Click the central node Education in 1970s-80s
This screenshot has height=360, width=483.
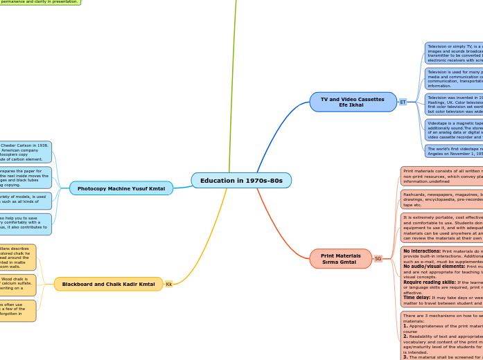pyautogui.click(x=241, y=181)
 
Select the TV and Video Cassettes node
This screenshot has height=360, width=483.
pyautogui.click(x=353, y=102)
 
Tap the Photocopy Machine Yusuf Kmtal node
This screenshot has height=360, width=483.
pyautogui.click(x=121, y=188)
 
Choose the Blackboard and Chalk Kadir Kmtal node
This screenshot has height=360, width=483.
pyautogui.click(x=108, y=284)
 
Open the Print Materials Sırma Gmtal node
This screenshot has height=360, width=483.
pyautogui.click(x=341, y=258)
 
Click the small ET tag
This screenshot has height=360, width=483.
pyautogui.click(x=403, y=102)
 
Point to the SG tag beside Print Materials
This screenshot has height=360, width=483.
pyautogui.click(x=378, y=258)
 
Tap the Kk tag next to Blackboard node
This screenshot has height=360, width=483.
pyautogui.click(x=168, y=284)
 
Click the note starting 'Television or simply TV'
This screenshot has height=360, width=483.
pyautogui.click(x=454, y=53)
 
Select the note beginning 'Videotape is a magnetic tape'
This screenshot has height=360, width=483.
pyautogui.click(x=454, y=130)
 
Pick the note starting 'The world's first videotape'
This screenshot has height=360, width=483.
pyautogui.click(x=454, y=151)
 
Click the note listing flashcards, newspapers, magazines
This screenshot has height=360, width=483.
pyautogui.click(x=441, y=199)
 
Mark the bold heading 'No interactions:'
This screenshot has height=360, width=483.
pyautogui.click(x=421, y=251)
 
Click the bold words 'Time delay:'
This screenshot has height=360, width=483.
pyautogui.click(x=418, y=297)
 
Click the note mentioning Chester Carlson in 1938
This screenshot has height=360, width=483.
pyautogui.click(x=26, y=152)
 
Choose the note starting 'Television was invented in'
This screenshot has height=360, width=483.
pyautogui.click(x=454, y=104)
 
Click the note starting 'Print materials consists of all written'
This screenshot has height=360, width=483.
pyautogui.click(x=441, y=176)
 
